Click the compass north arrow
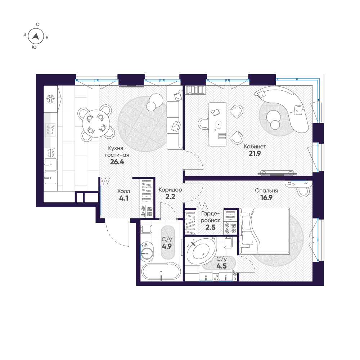click(35, 36)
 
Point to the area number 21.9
click(255, 153)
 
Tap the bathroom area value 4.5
click(221, 266)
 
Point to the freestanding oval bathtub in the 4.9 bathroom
click(161, 272)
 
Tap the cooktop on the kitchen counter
click(50, 129)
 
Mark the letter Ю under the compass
click(34, 47)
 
